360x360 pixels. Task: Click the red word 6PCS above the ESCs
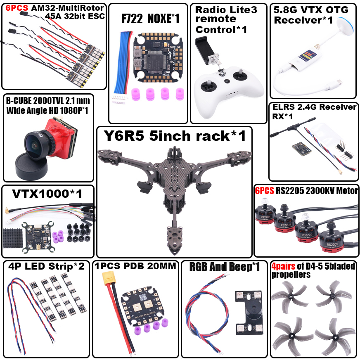tap(17, 8)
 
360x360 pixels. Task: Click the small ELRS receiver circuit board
tap(301, 149)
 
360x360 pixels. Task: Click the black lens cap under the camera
tap(31, 167)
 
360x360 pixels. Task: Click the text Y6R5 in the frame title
tap(124, 135)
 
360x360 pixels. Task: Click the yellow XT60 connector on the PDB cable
tap(109, 278)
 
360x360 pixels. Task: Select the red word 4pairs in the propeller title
tap(283, 266)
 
